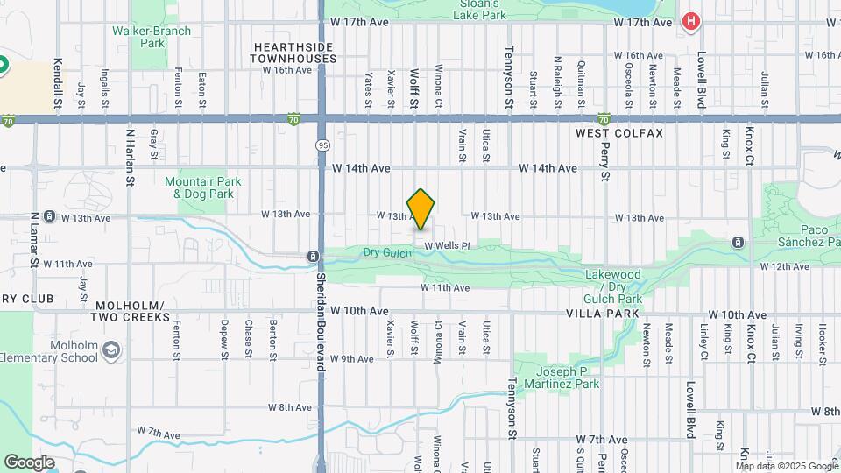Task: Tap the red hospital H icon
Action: [x=691, y=21]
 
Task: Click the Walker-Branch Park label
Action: [x=139, y=36]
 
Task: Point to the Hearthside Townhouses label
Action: [x=294, y=53]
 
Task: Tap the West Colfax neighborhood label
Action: [x=619, y=133]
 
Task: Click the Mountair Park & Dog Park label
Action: [x=202, y=187]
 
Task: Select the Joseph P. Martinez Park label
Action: [x=562, y=378]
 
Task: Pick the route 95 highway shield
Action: [x=323, y=144]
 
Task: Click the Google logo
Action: [x=29, y=462]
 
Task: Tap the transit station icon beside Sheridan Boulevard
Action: [x=312, y=256]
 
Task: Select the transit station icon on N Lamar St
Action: [x=50, y=215]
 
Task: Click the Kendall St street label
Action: [x=58, y=84]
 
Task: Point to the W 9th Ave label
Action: [x=353, y=358]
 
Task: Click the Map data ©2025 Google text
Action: [x=786, y=466]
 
